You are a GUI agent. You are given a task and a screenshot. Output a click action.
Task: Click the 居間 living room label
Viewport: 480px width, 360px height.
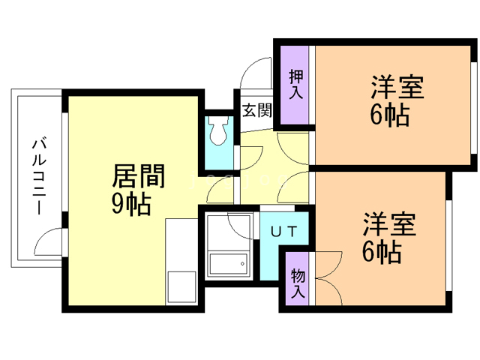pos(137,177)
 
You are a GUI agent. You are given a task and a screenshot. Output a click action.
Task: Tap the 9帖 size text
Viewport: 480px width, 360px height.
pos(131,203)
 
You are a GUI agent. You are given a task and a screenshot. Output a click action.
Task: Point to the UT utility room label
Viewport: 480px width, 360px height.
pos(283,231)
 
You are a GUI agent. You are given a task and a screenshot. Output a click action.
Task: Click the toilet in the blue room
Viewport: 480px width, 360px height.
pos(219,131)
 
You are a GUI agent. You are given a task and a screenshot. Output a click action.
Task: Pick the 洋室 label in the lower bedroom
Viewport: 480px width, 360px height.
pos(389,224)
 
